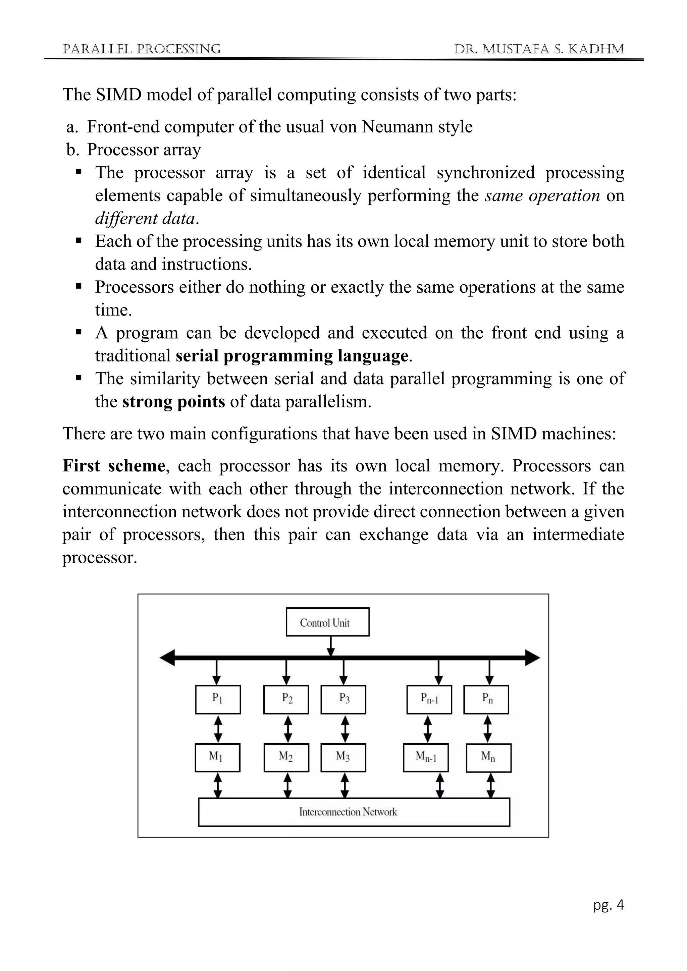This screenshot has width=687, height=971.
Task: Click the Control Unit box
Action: (327, 622)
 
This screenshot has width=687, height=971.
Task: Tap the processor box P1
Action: (218, 699)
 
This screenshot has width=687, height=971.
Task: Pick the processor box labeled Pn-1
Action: (429, 699)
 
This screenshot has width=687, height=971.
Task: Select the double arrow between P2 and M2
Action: (288, 729)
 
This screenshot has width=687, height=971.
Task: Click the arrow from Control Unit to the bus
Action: (331, 646)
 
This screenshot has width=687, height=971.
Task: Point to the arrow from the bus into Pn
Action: (489, 673)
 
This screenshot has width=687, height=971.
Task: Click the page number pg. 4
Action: (608, 905)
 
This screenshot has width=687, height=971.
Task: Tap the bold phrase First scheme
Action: (113, 466)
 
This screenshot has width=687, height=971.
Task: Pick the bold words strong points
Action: (173, 401)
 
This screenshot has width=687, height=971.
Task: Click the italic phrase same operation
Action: (542, 195)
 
